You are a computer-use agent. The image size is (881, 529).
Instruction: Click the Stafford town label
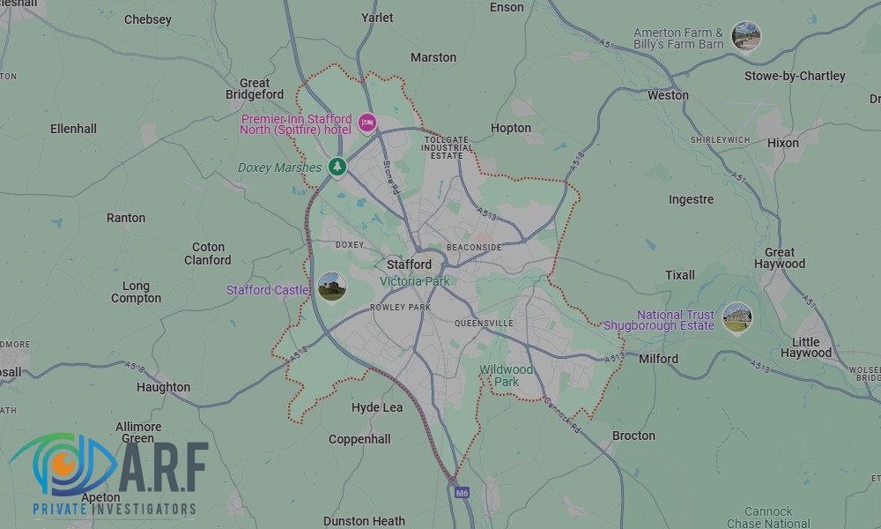click(409, 264)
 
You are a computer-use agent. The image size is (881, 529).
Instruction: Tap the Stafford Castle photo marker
click(331, 287)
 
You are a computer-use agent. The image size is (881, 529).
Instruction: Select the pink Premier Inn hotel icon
click(367, 123)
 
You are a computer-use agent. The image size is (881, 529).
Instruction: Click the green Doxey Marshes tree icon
click(337, 166)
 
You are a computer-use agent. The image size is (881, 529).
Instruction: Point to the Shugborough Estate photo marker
click(737, 317)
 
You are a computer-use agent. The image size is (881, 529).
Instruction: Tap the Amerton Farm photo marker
click(745, 36)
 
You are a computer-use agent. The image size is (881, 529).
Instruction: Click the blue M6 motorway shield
click(462, 493)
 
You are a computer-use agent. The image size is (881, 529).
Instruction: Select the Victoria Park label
click(414, 281)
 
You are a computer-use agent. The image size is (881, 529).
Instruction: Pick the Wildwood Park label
click(506, 376)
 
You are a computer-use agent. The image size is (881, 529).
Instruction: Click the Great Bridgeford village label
click(255, 89)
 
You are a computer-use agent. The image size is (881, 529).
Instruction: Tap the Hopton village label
click(511, 128)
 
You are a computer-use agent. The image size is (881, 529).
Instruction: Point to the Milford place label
click(658, 359)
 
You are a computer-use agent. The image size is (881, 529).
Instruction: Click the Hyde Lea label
click(377, 407)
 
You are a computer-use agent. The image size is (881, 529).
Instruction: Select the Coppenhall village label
click(359, 439)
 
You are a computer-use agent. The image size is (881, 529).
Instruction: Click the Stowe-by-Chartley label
click(795, 76)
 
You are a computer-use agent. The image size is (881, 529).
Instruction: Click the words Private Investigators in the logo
click(114, 509)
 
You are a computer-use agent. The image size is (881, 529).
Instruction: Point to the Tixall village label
click(679, 275)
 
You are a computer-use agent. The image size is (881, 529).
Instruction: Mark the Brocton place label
click(633, 436)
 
